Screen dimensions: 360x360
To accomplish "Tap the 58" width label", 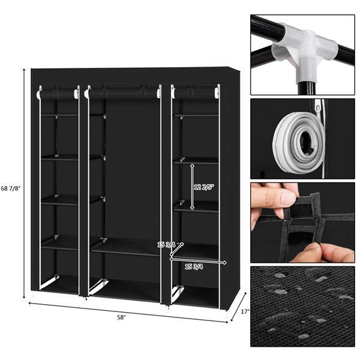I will (122, 317).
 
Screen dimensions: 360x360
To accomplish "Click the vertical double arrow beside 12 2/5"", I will (192, 187).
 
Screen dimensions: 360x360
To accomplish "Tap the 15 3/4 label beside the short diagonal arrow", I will (166, 245).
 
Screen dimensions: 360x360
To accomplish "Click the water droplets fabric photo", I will (302, 307).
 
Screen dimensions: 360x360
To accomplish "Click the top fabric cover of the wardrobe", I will (132, 76).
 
